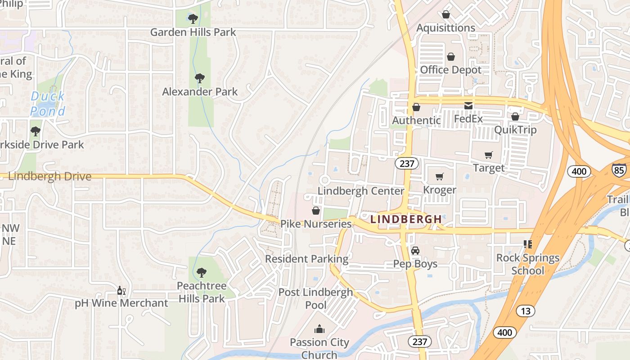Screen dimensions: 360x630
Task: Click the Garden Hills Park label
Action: coord(193,32)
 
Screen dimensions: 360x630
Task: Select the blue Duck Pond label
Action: coord(48,103)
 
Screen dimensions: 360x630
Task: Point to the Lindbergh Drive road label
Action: coord(49,176)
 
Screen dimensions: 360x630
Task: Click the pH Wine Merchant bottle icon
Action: coord(121,291)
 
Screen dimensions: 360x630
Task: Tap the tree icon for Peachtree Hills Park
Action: coord(201,272)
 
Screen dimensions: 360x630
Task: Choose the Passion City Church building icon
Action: coord(319,329)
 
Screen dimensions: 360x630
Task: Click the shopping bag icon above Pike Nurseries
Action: coord(316,211)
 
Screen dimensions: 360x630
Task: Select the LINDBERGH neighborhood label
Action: coord(406,219)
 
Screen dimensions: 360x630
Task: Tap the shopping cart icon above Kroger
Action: coord(440,176)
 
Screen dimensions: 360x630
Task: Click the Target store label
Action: coord(489,168)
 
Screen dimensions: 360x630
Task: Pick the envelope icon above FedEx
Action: coord(468,106)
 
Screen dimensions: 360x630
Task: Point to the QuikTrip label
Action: coord(515,130)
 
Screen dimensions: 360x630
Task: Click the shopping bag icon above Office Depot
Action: coord(450,57)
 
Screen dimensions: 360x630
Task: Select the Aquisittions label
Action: coord(445,28)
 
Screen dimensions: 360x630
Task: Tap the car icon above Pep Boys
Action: coord(415,251)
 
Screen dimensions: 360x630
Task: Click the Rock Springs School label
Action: coord(528,264)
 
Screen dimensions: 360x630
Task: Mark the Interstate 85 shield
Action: coord(619,169)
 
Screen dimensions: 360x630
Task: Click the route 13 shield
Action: coord(526,310)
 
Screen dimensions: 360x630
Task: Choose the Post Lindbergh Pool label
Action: coord(316,298)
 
